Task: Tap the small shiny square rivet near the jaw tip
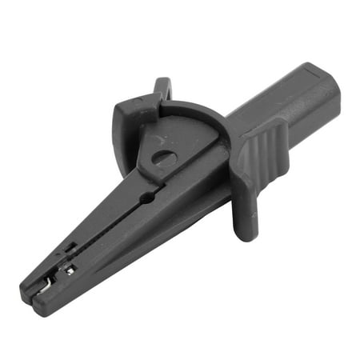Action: pyautogui.click(x=70, y=270)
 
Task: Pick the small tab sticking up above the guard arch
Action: pyautogui.click(x=162, y=87)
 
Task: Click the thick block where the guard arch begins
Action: pyautogui.click(x=128, y=120)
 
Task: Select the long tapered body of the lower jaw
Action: pyautogui.click(x=128, y=248)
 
